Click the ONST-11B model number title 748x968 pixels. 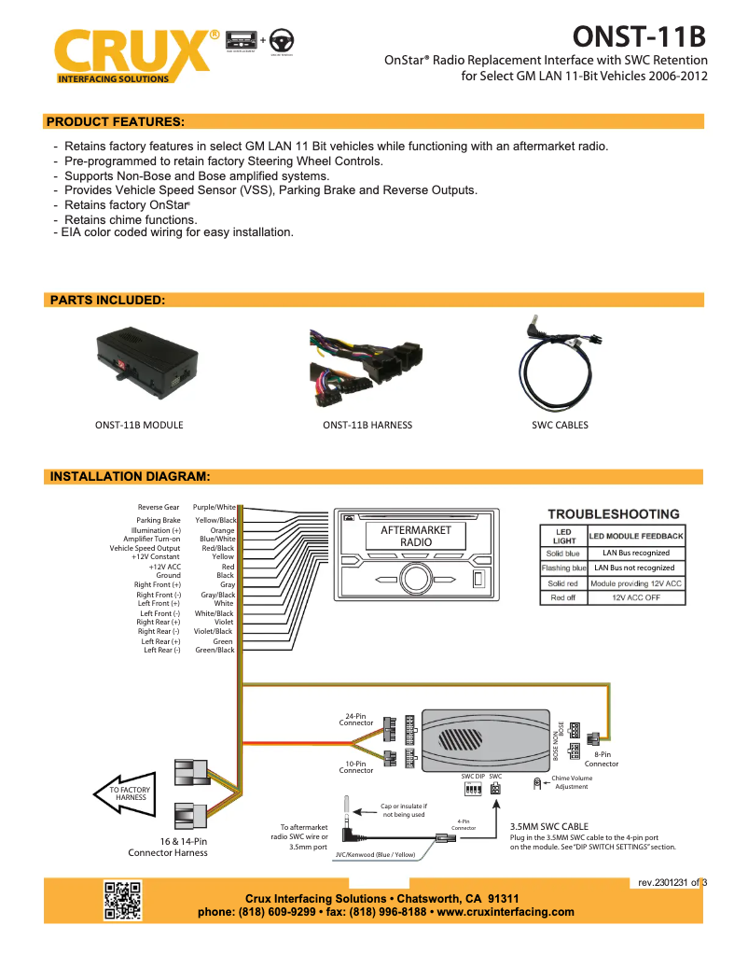639,36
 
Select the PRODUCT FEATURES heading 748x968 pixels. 115,121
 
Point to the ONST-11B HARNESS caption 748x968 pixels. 367,425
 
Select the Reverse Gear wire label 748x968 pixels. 159,507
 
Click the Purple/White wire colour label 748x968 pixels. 214,507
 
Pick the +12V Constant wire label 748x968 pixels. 156,556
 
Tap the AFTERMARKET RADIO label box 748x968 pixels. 416,536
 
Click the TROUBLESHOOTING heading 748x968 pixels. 613,514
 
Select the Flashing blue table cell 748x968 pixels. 563,568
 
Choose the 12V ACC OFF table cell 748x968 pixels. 636,597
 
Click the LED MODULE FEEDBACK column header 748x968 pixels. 636,536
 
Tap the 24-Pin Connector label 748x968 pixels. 355,720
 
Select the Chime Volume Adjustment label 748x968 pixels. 571,782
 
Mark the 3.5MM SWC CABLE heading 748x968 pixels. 548,826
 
